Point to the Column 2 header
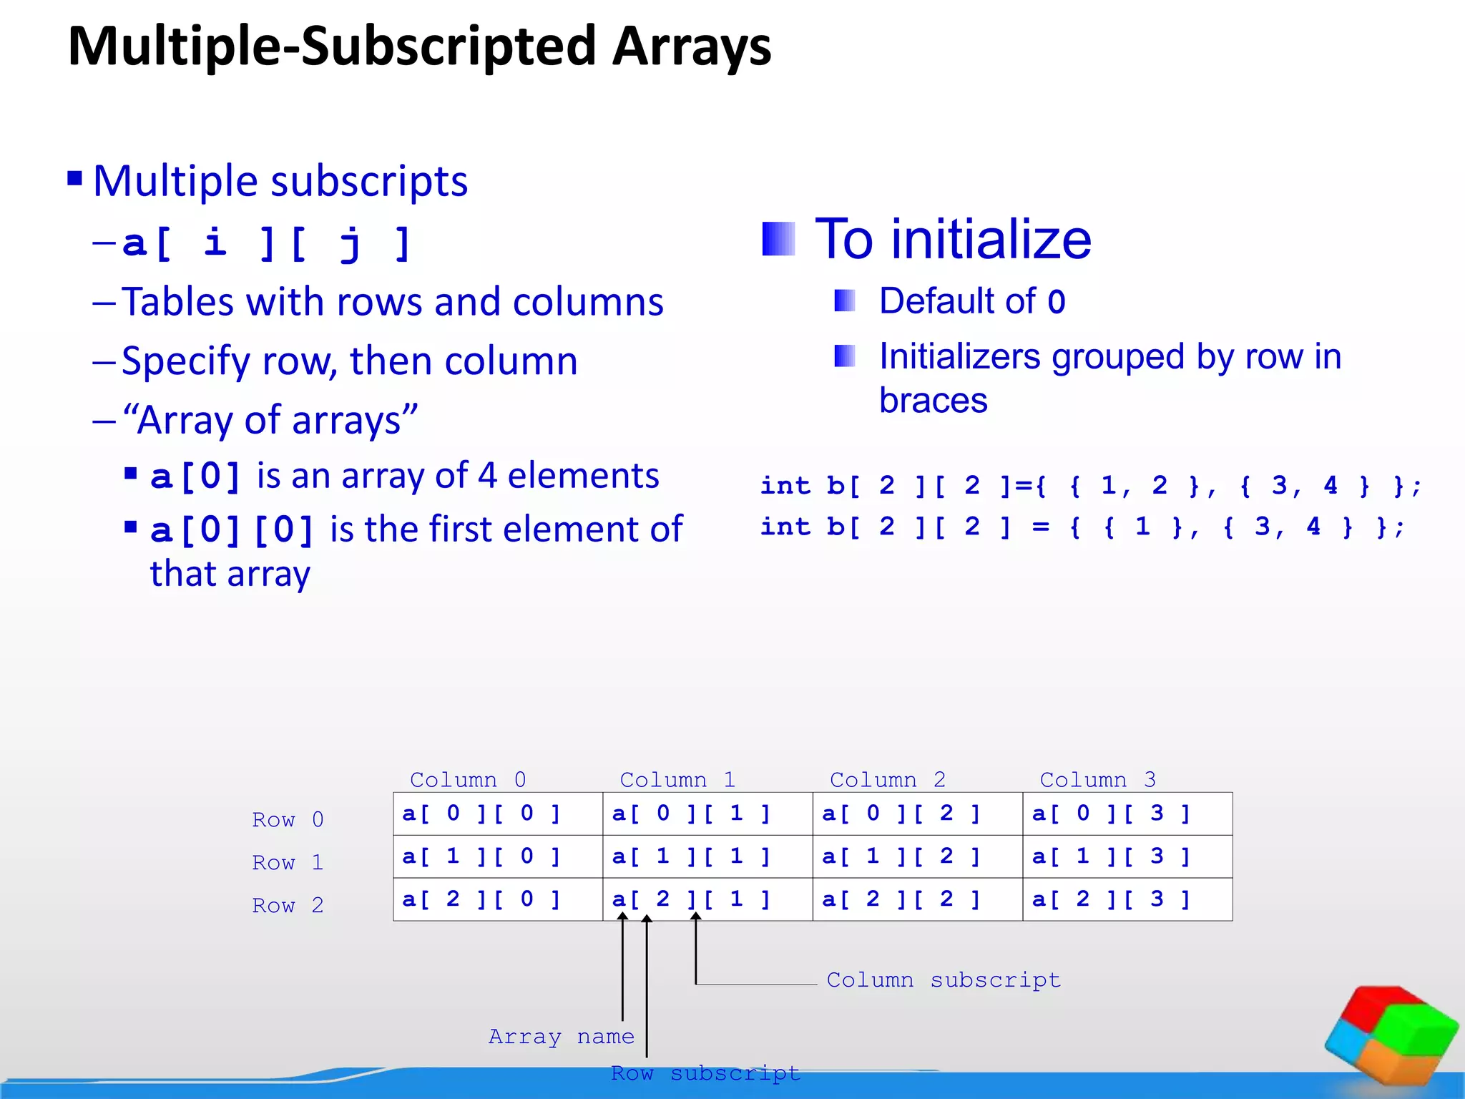887,779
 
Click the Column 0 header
468,779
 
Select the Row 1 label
288,863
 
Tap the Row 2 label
288,906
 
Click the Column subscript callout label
943,980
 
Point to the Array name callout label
561,1037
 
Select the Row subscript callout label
705,1073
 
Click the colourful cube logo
1391,1037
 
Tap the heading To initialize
953,239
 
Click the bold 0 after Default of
1057,302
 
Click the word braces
933,400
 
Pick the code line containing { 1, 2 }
1090,486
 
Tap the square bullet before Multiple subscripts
75,177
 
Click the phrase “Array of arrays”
270,420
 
